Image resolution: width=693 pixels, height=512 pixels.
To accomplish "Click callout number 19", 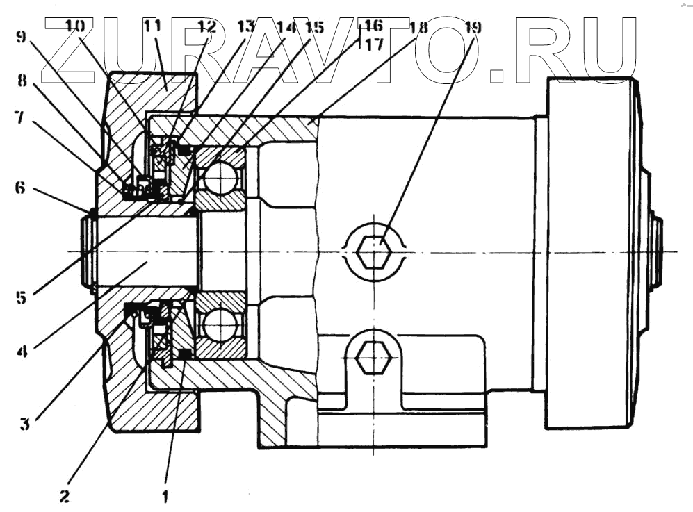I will (472, 28).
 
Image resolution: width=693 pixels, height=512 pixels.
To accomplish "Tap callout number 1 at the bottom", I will (165, 497).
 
